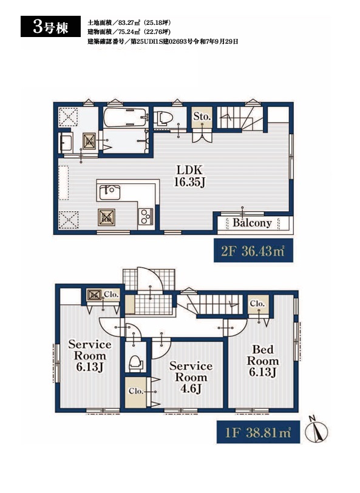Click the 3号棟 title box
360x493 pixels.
[50, 27]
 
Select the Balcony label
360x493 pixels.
[252, 223]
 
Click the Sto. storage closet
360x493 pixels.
[202, 118]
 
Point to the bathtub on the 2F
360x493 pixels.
[126, 117]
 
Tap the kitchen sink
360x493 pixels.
[109, 192]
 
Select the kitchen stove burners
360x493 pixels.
[146, 216]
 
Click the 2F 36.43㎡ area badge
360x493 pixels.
[253, 251]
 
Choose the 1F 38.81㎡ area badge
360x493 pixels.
[258, 432]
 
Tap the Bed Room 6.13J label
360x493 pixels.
[263, 361]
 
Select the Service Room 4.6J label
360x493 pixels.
[191, 377]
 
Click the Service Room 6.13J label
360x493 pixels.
[90, 355]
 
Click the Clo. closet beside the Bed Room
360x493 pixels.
[258, 304]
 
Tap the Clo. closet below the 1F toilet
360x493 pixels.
[135, 392]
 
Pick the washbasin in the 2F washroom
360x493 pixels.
[66, 143]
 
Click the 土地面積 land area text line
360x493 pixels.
[129, 22]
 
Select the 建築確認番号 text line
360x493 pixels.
[163, 41]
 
